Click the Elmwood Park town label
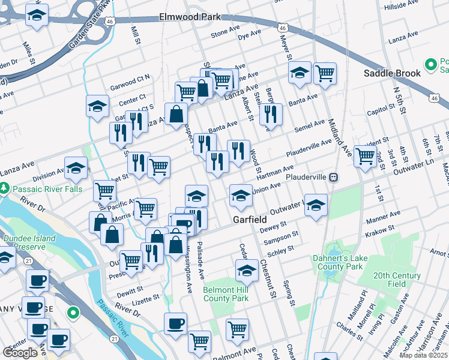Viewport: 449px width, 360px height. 190,17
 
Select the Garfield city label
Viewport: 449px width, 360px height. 250,220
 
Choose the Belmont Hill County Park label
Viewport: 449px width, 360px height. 225,293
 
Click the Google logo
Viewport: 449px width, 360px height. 20,353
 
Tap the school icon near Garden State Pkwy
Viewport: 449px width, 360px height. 37,17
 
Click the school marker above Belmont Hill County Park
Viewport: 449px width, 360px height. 247,271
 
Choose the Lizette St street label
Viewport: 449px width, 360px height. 146,296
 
